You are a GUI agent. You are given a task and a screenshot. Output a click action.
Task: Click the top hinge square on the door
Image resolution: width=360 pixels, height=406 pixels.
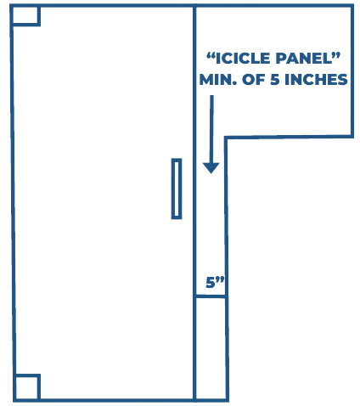tap(25, 15)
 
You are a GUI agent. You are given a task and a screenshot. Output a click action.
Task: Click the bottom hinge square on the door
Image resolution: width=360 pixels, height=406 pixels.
tap(27, 387)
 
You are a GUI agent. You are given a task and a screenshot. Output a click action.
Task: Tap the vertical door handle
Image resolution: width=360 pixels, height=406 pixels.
tap(177, 189)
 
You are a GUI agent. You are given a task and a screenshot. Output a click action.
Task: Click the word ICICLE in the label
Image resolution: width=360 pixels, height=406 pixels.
tap(243, 59)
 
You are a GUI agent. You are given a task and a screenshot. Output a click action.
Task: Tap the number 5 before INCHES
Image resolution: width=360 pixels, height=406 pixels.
tap(275, 80)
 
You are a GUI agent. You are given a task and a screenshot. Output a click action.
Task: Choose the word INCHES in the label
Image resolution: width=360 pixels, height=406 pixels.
tap(316, 80)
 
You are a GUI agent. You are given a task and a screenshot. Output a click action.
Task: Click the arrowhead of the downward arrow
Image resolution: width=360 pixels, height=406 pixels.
tap(211, 168)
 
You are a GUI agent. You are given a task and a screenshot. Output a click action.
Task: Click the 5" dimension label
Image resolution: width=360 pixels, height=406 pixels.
tap(215, 282)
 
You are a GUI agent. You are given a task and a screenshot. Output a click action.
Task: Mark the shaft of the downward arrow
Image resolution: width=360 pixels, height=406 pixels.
tap(211, 129)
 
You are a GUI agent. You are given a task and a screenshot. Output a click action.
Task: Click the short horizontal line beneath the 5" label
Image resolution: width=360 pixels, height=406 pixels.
tap(211, 296)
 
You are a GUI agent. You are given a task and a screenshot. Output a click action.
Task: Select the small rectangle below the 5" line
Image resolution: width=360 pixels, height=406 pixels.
tap(211, 348)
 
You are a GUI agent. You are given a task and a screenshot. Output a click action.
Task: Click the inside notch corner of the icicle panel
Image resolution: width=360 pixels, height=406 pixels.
tap(226, 138)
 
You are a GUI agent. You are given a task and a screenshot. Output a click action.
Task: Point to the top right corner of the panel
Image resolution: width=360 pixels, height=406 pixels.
tap(352, 6)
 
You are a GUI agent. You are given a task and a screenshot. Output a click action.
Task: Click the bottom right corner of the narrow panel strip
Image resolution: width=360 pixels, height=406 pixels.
tap(228, 400)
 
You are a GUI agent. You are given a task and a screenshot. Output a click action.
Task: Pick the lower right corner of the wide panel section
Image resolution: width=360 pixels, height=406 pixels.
tap(352, 136)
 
